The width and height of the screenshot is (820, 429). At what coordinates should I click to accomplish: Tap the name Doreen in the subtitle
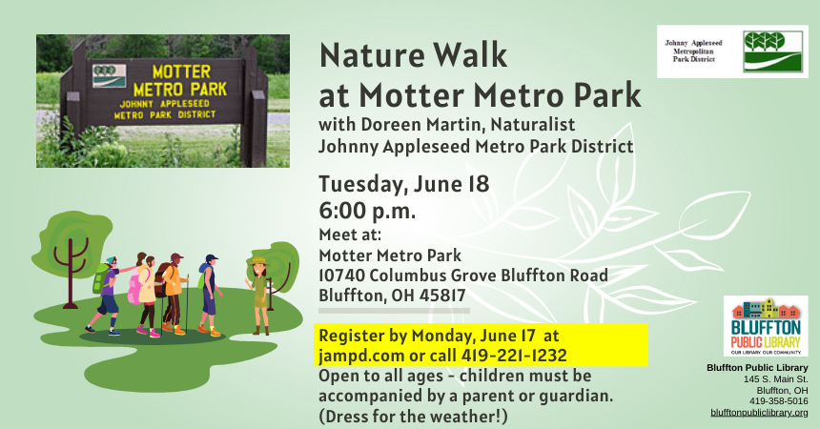point(385,124)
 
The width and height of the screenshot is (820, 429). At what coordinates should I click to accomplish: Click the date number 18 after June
point(478,183)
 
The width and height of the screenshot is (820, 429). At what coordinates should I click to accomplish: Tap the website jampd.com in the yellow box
point(359,355)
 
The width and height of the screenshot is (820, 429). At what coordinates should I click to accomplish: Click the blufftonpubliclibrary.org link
point(759,413)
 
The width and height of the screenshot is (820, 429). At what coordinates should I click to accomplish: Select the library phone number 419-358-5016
point(778,401)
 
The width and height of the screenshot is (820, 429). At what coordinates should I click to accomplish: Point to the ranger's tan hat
point(256,259)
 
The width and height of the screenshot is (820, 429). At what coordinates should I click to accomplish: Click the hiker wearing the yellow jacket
point(172,286)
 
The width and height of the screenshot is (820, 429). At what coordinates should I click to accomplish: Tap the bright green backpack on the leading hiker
point(99,279)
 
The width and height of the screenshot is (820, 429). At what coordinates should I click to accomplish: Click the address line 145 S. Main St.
point(775,379)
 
